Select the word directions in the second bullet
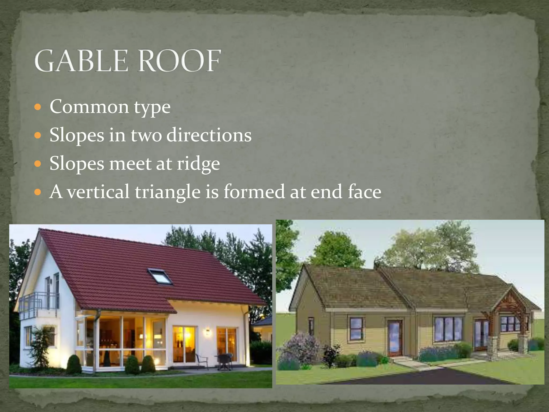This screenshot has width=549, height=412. pyautogui.click(x=209, y=135)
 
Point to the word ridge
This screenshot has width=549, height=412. pyautogui.click(x=198, y=164)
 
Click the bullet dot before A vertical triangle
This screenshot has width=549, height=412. pyautogui.click(x=38, y=192)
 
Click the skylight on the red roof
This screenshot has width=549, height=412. pyautogui.click(x=160, y=276)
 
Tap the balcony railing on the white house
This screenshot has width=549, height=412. pyautogui.click(x=39, y=302)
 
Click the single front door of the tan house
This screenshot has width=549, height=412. pyautogui.click(x=395, y=337)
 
